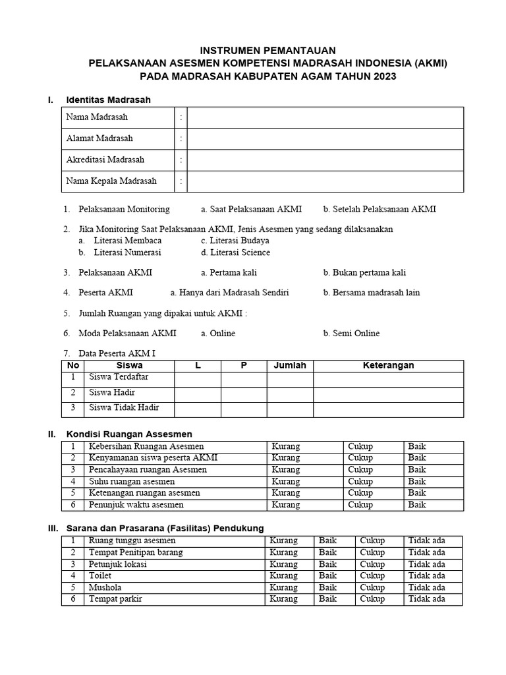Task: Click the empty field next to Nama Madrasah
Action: click(325, 117)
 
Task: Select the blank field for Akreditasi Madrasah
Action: click(325, 160)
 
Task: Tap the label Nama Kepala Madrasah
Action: click(111, 181)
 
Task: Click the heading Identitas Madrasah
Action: click(109, 100)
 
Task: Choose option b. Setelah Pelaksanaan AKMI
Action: click(379, 210)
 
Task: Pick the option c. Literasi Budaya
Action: click(235, 241)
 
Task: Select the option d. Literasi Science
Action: click(235, 252)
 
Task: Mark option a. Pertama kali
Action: click(229, 272)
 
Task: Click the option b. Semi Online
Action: click(351, 334)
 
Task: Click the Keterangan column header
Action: click(388, 365)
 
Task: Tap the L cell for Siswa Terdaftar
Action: click(198, 378)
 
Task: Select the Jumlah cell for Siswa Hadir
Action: click(290, 394)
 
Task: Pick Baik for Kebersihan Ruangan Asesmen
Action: click(417, 447)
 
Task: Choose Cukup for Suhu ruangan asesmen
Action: click(360, 481)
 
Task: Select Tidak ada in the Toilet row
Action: click(426, 576)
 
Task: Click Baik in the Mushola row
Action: click(327, 588)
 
